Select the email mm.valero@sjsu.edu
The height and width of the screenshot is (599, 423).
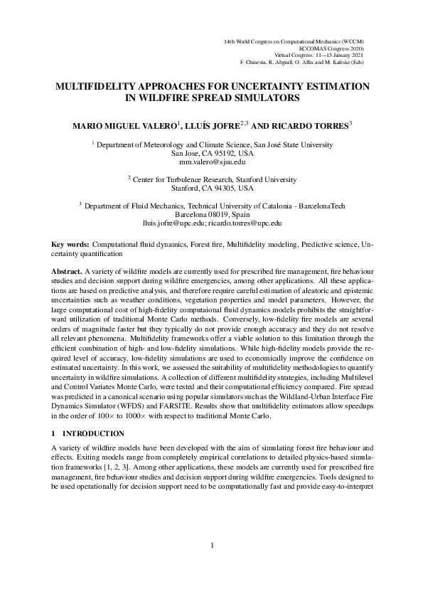[x=211, y=163]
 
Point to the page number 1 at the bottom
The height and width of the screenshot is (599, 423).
[x=212, y=566]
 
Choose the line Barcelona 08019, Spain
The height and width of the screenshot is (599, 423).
[x=212, y=213]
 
